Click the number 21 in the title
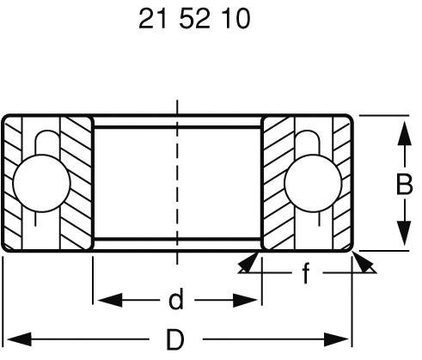[152, 20]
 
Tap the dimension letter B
[401, 184]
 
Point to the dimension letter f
[306, 275]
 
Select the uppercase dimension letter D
[175, 339]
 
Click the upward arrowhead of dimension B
[401, 129]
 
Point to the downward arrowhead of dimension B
[401, 238]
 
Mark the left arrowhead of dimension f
[245, 263]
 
